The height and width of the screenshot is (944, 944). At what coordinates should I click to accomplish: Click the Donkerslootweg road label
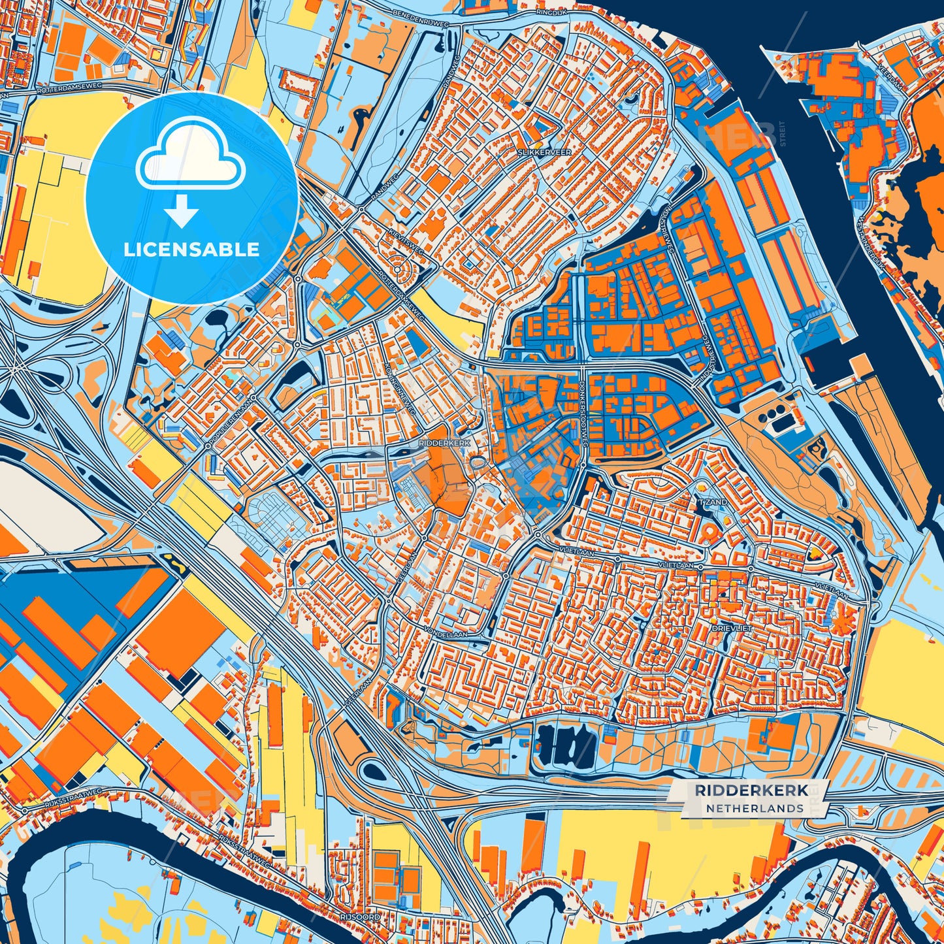pyautogui.click(x=584, y=420)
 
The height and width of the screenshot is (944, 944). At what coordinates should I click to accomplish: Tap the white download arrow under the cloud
pyautogui.click(x=182, y=212)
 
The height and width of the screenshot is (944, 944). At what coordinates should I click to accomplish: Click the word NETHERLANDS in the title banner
pyautogui.click(x=755, y=808)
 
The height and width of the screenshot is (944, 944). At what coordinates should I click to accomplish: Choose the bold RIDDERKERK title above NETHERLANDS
pyautogui.click(x=751, y=790)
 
